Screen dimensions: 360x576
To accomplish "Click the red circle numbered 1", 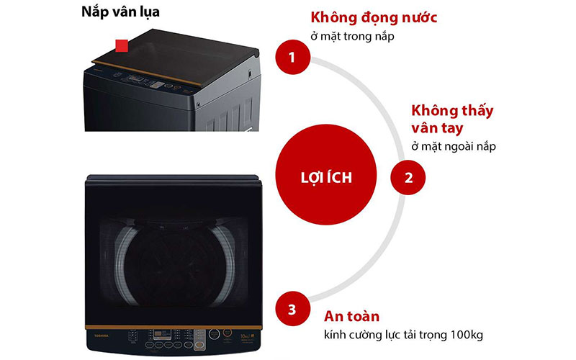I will [292, 57].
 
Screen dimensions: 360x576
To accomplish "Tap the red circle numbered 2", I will [408, 176].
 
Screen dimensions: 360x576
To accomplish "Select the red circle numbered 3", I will [292, 310].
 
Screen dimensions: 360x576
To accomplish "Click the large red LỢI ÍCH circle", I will [325, 176].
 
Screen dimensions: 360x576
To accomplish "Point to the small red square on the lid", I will [122, 47].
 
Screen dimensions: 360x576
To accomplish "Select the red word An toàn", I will [351, 316].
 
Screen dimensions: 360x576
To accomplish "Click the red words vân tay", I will [438, 129].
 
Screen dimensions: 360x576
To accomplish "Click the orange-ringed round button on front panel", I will [215, 335].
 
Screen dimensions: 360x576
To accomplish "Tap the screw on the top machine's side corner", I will [250, 73].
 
